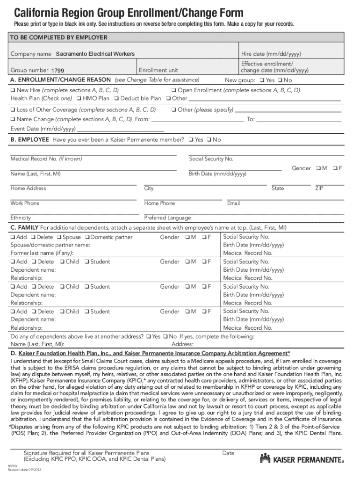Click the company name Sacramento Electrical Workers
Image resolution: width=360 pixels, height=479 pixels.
point(95,54)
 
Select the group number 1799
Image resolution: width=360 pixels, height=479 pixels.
point(61,71)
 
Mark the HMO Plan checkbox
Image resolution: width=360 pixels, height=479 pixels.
point(79,99)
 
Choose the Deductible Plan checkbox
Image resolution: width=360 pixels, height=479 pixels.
point(117,99)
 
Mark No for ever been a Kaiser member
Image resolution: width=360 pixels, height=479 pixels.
point(209,140)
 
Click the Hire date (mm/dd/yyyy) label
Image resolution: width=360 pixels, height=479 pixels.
point(265,54)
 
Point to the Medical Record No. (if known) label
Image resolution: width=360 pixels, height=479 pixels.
point(46,159)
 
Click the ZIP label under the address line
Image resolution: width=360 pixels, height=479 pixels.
point(319,189)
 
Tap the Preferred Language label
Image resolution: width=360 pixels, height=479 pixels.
point(167,218)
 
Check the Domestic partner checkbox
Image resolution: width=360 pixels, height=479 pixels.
point(87,237)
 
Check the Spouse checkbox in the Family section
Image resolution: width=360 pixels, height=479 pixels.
point(59,237)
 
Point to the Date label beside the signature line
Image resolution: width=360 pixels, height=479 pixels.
point(228,453)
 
